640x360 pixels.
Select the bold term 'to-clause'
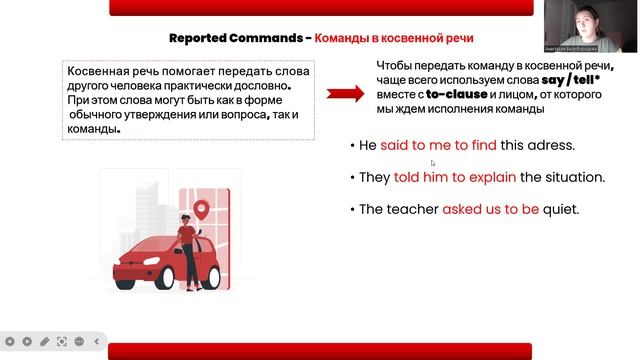tap(456, 94)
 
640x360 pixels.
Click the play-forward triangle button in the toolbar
tap(27, 340)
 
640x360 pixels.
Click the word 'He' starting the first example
tap(367, 145)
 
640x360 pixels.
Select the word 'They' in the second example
tap(375, 177)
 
